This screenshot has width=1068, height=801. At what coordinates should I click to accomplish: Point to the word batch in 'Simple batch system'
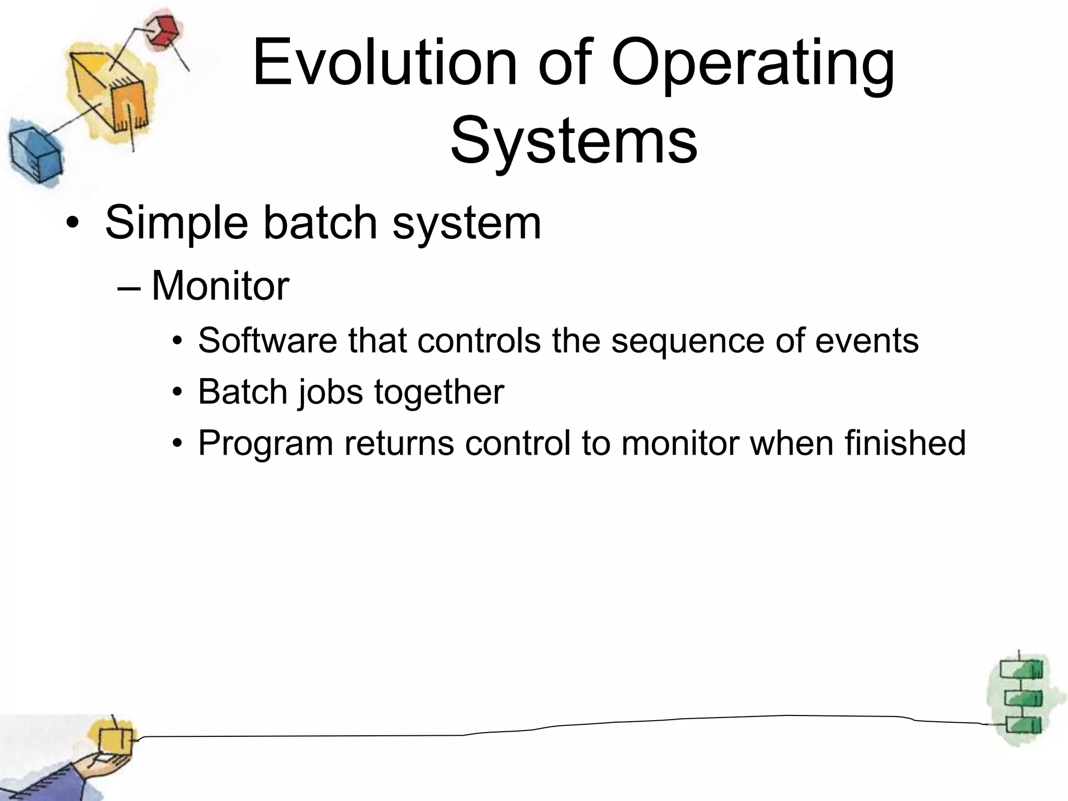click(320, 223)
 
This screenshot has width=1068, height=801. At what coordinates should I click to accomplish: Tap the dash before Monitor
click(130, 288)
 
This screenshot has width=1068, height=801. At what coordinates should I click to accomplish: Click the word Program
click(265, 444)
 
